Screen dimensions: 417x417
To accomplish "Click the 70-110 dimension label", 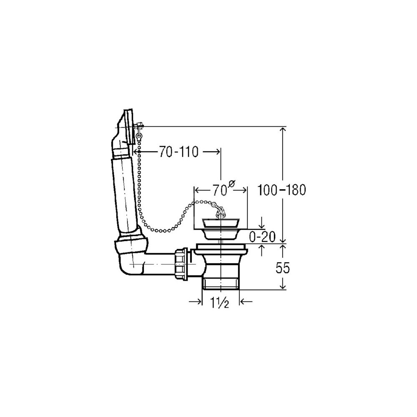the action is pos(179,152).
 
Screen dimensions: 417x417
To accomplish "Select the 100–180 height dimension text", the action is pos(281,190).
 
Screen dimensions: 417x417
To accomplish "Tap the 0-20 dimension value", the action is pos(262,237).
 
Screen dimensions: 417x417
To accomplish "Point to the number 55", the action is pos(282,268).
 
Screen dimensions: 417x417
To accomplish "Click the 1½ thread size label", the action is pos(220,302).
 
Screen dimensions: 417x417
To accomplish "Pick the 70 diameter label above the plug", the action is pos(219,191).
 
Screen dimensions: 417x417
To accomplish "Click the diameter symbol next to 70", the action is pos(231,184).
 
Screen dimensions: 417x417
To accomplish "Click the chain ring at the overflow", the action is pos(138,136).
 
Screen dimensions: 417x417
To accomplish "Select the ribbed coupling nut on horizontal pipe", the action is pos(181,263).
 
